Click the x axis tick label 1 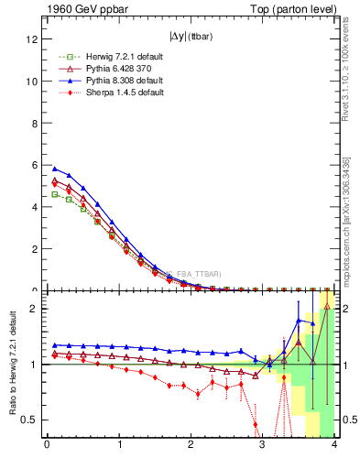pyautogui.click(x=119, y=446)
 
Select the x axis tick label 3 pyautogui.click(x=263, y=446)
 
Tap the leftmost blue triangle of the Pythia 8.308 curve pyautogui.click(x=54, y=169)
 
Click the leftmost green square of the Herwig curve pyautogui.click(x=54, y=194)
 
